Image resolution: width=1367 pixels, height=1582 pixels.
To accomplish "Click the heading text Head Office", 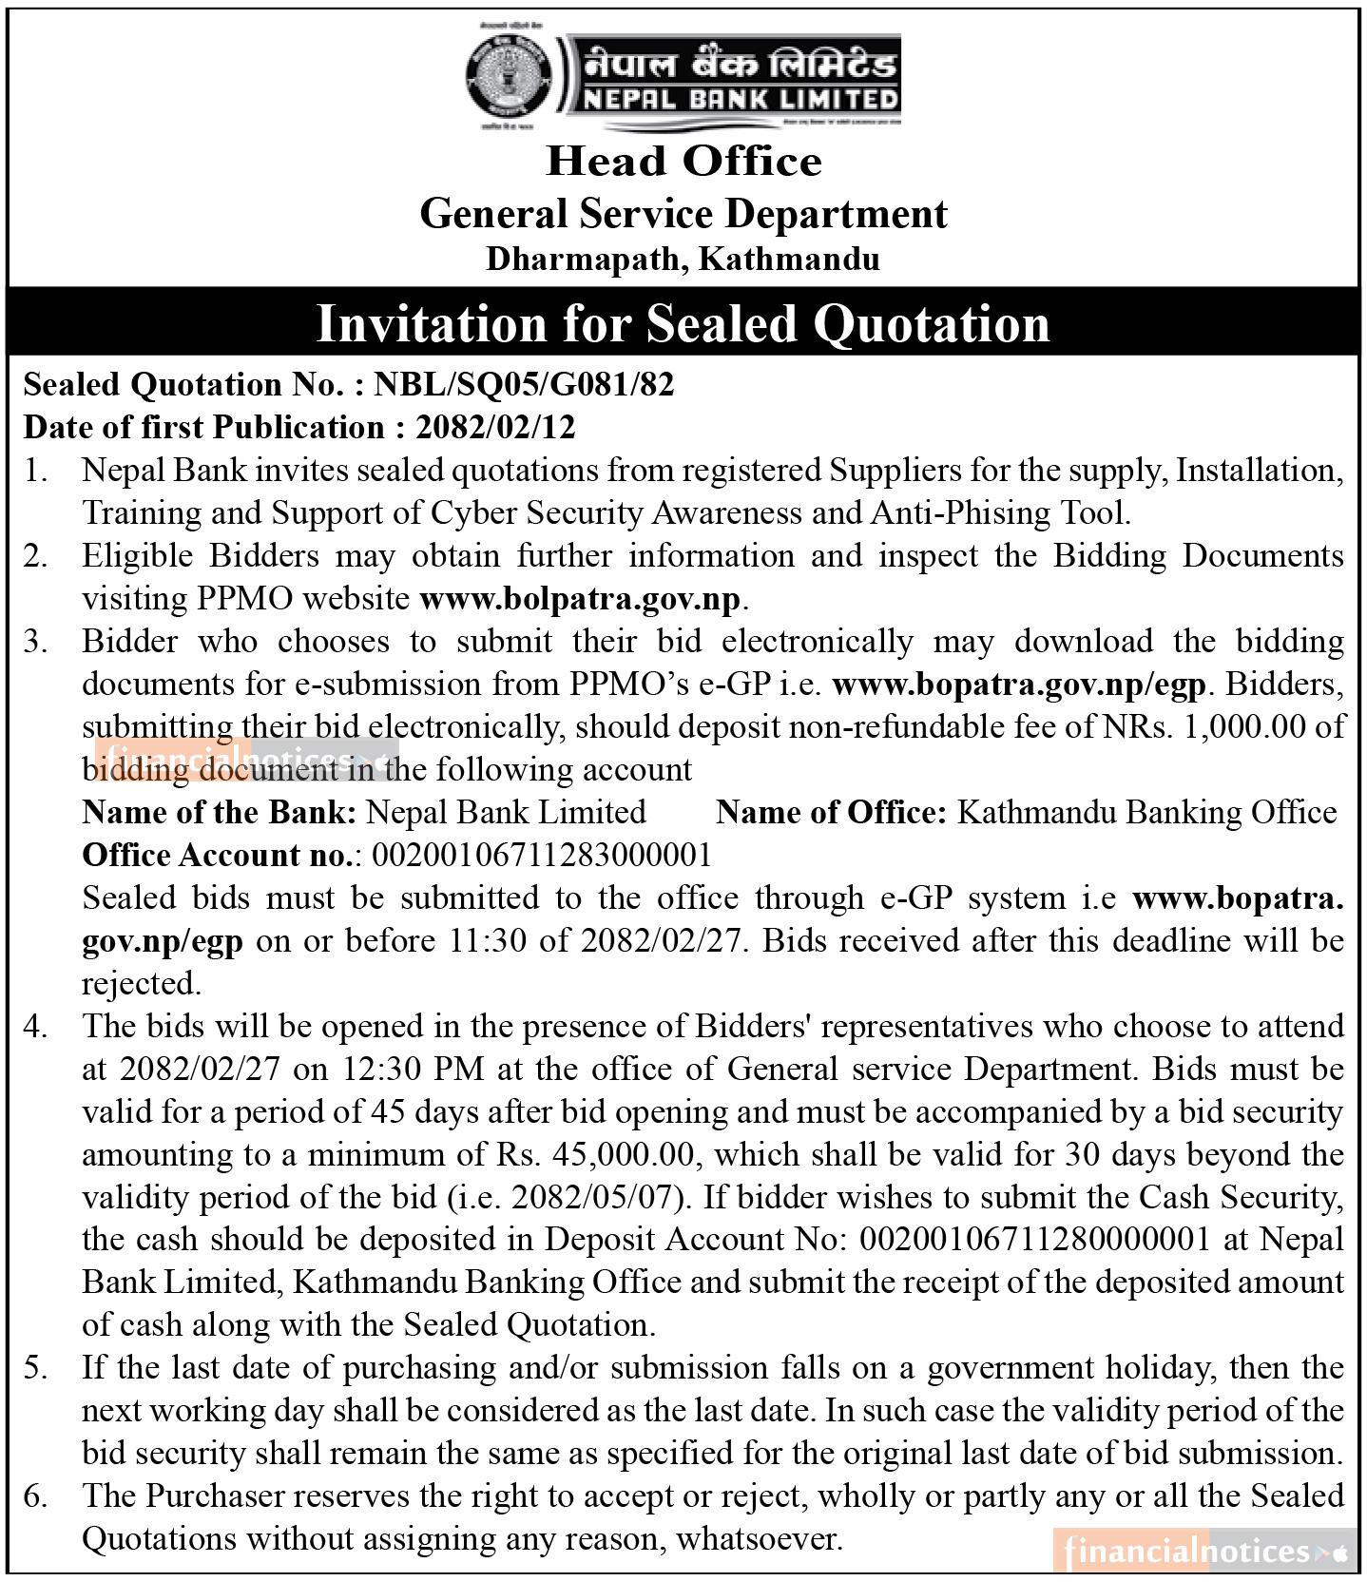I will click(x=683, y=161).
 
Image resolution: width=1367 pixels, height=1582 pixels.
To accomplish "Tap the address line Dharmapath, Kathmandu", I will click(x=683, y=259).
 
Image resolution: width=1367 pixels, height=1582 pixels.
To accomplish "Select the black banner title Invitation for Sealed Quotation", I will click(x=683, y=323).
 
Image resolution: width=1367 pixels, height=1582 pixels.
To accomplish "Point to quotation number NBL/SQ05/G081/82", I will click(x=524, y=384).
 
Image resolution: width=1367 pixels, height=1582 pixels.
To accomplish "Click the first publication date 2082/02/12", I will click(x=495, y=427).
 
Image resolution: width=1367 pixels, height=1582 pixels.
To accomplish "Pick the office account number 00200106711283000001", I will click(x=542, y=856).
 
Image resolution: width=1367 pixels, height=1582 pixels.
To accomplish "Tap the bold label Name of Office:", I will click(x=832, y=813).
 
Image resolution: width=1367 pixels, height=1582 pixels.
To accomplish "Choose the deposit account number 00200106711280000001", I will click(x=1034, y=1240).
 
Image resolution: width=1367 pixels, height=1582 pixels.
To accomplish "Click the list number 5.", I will click(x=35, y=1368).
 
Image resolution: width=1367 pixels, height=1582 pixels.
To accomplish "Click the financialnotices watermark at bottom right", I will click(x=1203, y=1553).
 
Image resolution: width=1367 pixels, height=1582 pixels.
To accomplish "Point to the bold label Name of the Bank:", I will click(x=220, y=813).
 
